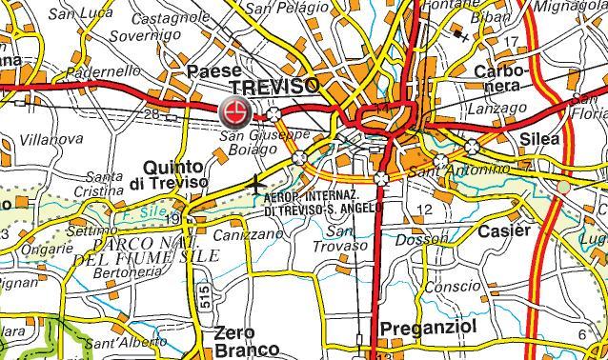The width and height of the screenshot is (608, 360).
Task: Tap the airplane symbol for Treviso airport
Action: (x=257, y=184)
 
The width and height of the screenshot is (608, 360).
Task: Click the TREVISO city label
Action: (x=274, y=87)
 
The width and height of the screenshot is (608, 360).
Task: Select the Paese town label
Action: (x=214, y=71)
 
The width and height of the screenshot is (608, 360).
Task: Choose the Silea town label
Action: (x=539, y=139)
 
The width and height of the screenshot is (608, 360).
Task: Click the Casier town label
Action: (x=505, y=231)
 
